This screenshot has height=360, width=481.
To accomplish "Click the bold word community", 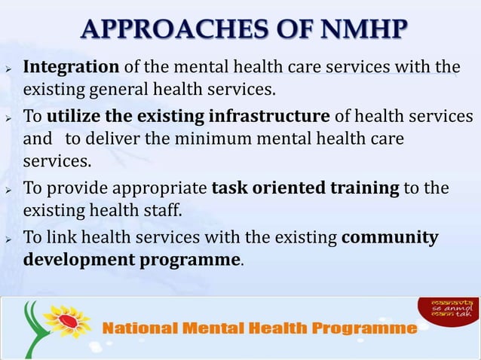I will click(x=390, y=238).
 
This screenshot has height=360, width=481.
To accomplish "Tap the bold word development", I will click(x=80, y=261).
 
